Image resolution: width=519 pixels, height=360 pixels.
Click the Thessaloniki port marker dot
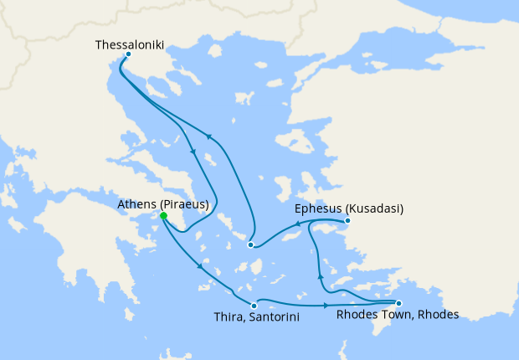pos(127,55)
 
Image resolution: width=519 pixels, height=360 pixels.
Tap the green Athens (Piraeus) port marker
pos(163,215)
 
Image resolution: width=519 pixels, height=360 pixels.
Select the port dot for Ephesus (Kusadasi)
pos(347,222)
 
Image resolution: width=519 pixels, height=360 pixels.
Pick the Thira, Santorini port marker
pos(254,306)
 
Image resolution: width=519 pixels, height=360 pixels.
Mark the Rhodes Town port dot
pos(398,303)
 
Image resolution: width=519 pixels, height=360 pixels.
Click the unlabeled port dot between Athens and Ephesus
pos(250,244)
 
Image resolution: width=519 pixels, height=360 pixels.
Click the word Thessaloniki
pos(130,40)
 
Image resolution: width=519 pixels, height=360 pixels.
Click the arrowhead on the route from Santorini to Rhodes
pos(324,299)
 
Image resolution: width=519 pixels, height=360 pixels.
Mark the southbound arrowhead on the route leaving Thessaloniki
pos(193,152)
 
